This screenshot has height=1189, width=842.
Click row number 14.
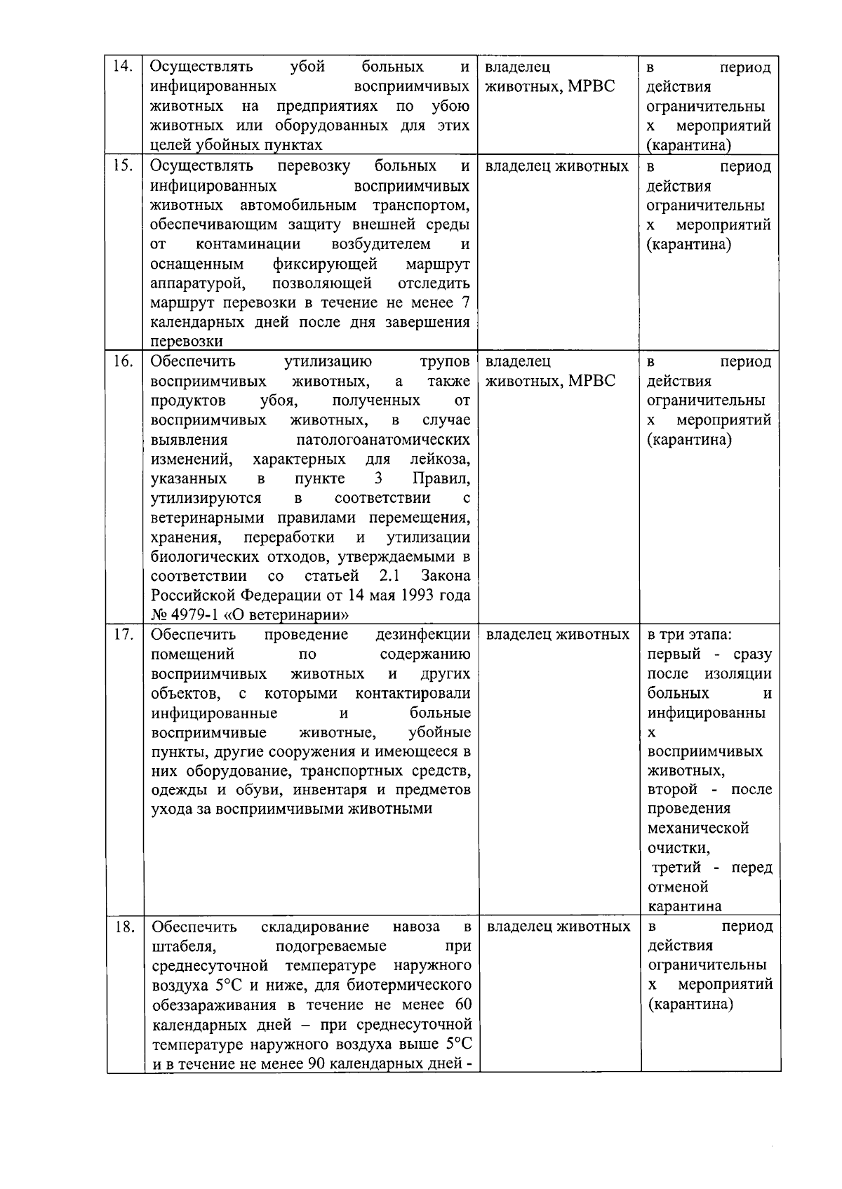click(x=123, y=67)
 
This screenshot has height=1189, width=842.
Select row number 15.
click(x=123, y=166)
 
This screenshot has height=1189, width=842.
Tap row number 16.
click(x=123, y=361)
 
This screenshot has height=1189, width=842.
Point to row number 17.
click(x=123, y=634)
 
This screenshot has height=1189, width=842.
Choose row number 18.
click(x=124, y=927)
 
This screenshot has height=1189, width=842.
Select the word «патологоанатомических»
click(x=383, y=440)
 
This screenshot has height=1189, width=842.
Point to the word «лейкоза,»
click(x=440, y=459)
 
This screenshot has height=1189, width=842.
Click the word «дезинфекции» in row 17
click(x=423, y=635)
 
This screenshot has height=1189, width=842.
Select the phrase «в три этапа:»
click(x=689, y=635)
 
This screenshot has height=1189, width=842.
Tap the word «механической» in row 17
click(x=698, y=828)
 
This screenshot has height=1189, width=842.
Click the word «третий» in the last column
click(x=675, y=868)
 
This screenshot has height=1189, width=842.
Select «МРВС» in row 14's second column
click(x=591, y=86)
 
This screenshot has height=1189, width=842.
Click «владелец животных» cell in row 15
click(x=557, y=167)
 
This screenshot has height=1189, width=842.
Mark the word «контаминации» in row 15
click(x=248, y=244)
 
